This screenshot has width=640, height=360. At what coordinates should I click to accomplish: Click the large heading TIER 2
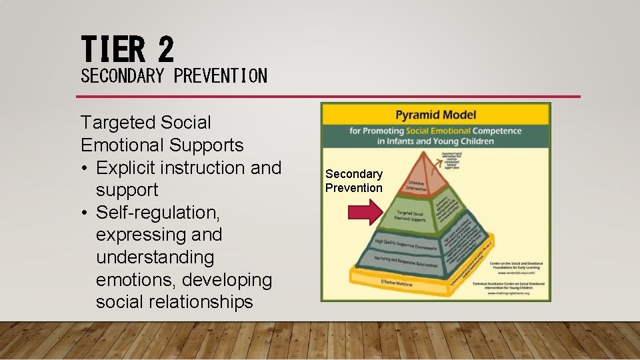pos(127,49)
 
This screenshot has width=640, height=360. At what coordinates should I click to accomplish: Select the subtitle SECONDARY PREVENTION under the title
pos(174,76)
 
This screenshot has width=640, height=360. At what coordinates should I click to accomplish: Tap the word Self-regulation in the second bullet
pos(158,213)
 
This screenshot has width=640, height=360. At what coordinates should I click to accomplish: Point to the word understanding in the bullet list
pos(155,257)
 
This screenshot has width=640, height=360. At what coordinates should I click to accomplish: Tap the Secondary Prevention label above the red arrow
pos(354,181)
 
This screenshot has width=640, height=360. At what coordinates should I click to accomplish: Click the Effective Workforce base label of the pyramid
pos(398,283)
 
